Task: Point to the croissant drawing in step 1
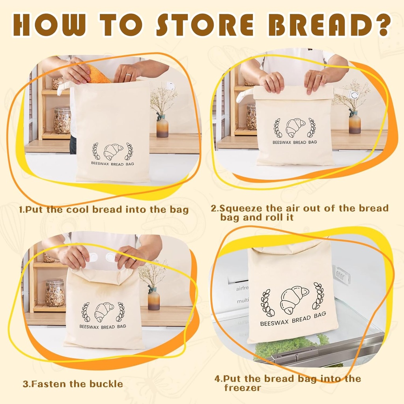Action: (x=113, y=151)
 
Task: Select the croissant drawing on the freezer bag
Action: (x=294, y=299)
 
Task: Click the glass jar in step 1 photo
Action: (x=62, y=120)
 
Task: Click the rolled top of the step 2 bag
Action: (x=294, y=92)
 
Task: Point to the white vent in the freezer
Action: (x=341, y=275)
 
